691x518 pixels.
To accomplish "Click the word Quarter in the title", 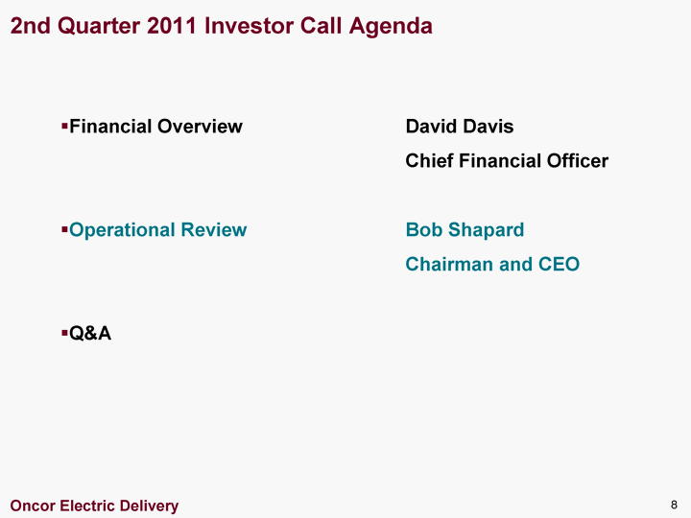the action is point(99,26).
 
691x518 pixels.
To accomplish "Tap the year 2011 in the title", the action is point(172,26).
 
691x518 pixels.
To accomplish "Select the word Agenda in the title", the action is point(391,27).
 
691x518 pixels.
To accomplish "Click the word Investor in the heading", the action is point(249,26).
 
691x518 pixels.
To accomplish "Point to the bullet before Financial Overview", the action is point(64,127).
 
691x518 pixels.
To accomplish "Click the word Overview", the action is point(200,127).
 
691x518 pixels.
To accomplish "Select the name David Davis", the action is point(460,127).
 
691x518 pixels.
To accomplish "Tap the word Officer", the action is point(578,161).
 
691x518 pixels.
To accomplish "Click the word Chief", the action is point(430,161).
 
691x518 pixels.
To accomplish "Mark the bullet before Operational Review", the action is point(64,230).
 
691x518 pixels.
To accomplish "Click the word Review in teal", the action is point(214,230).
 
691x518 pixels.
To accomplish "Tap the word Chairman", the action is point(449,265).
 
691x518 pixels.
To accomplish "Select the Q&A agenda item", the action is point(90,333).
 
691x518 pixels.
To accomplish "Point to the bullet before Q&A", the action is point(64,333).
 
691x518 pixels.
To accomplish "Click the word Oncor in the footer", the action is point(33,506).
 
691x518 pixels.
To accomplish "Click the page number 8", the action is point(674,505).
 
